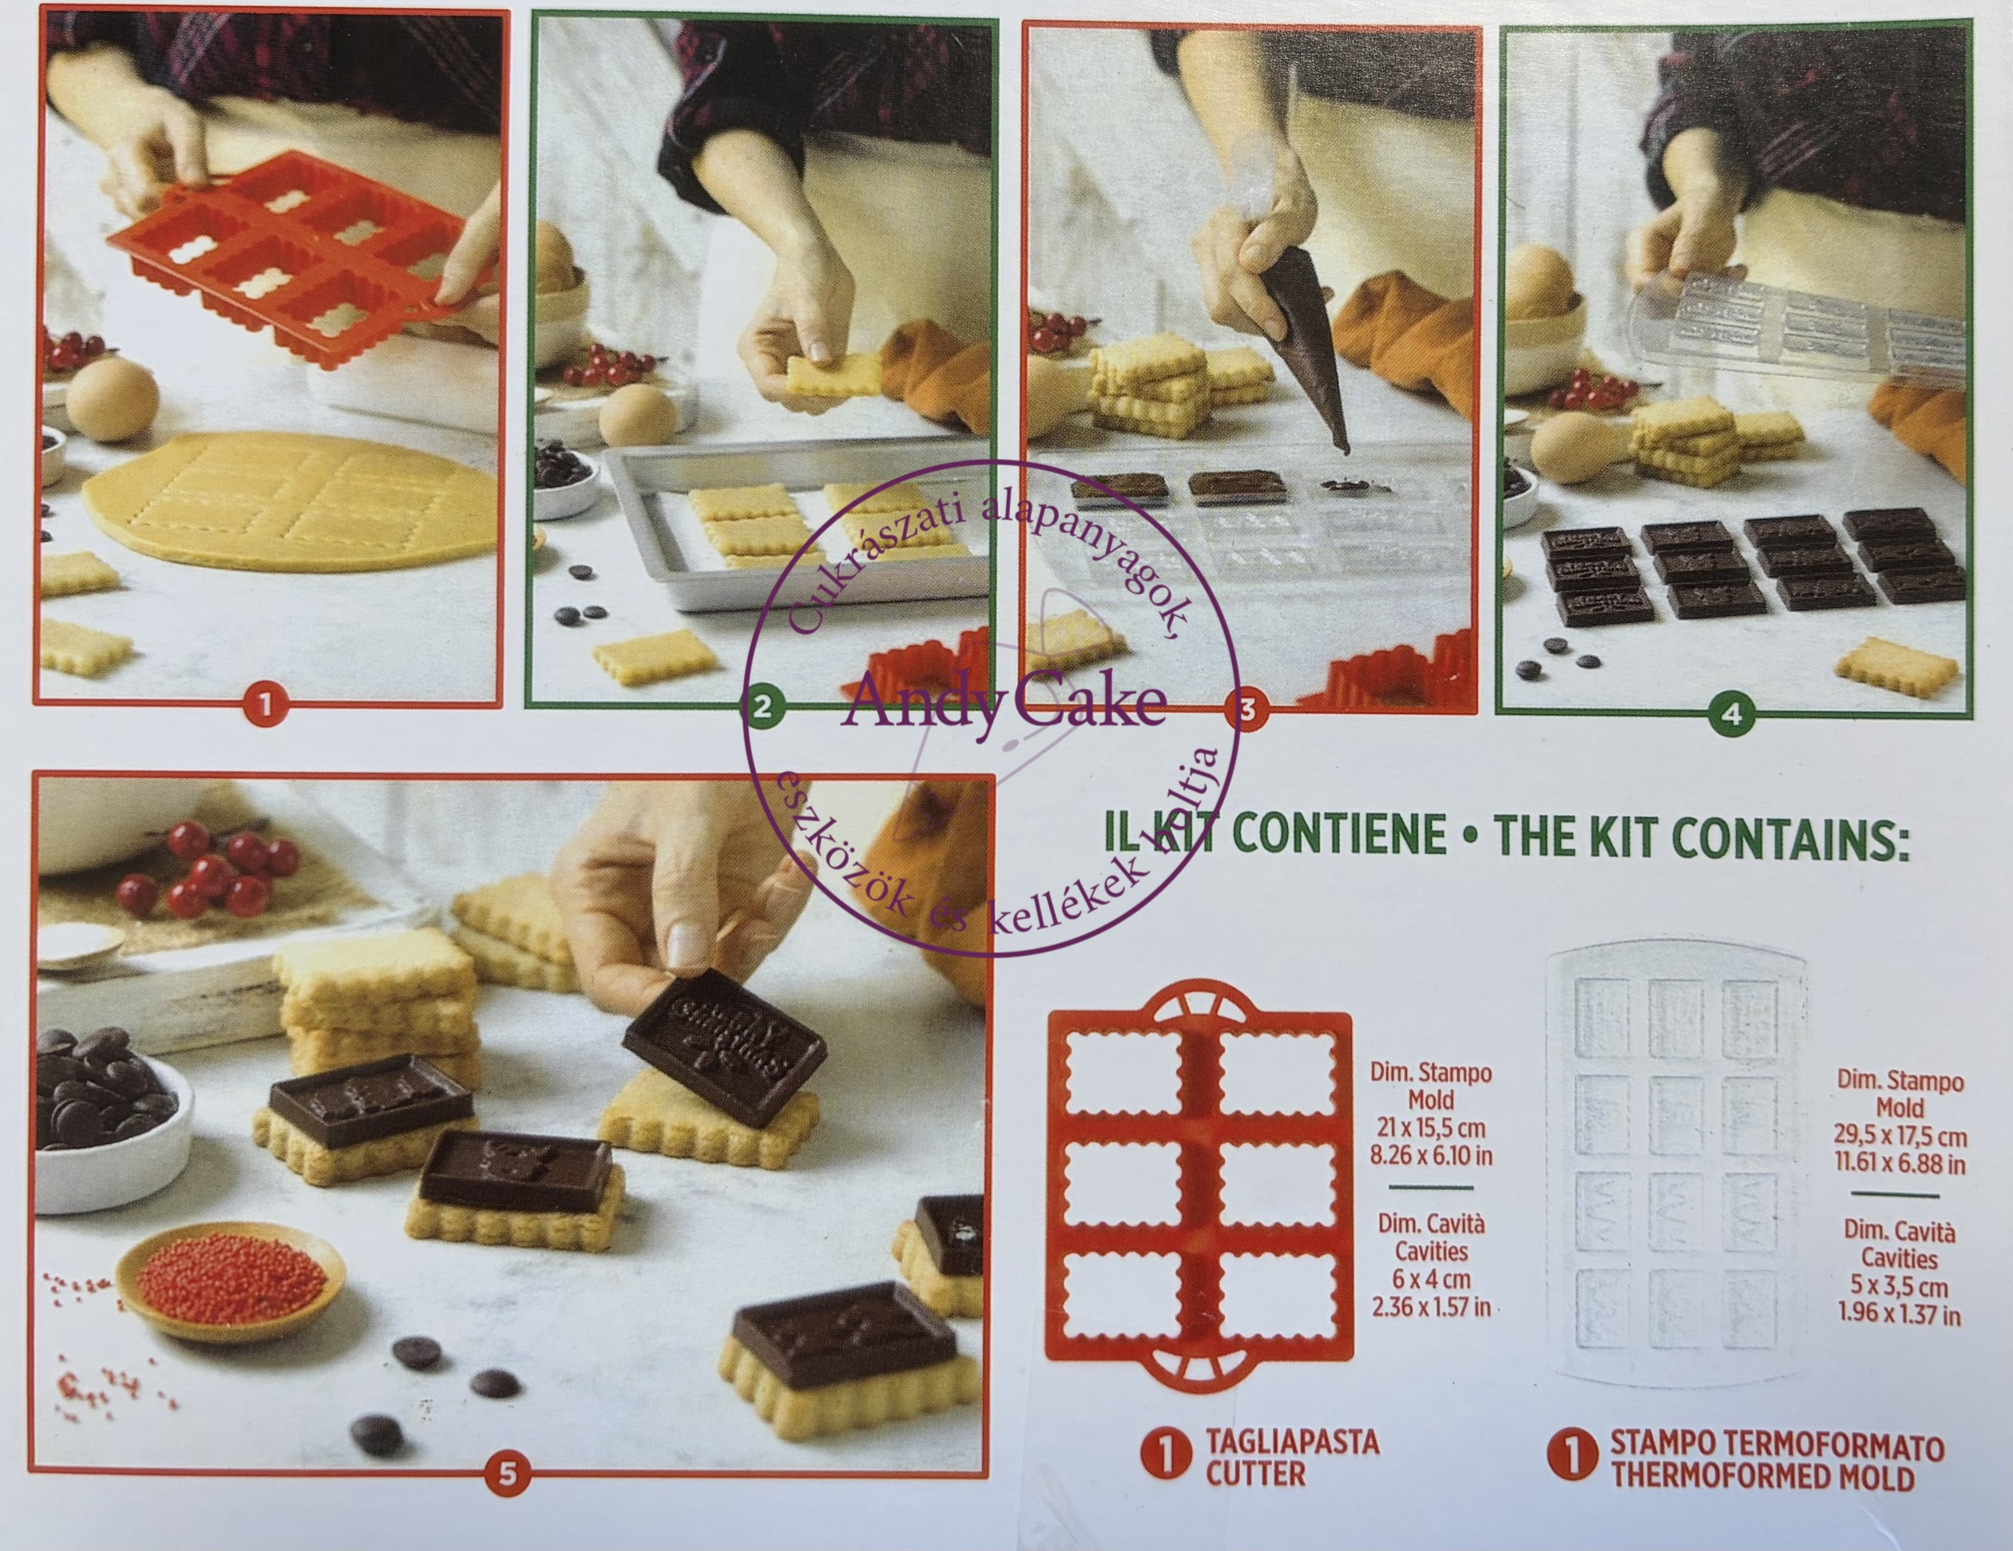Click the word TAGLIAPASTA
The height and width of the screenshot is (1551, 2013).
coord(1292,1442)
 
